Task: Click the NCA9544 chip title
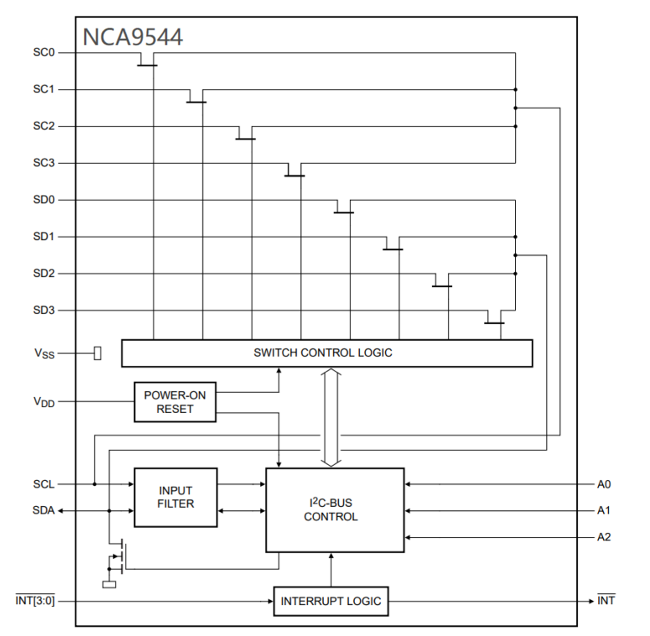click(x=133, y=37)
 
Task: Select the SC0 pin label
click(x=44, y=53)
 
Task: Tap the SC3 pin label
click(x=44, y=163)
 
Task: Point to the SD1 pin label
click(x=44, y=237)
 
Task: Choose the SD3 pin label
click(x=44, y=310)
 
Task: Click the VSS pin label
click(x=44, y=354)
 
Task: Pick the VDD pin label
click(x=44, y=402)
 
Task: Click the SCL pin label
click(x=44, y=484)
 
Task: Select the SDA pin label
click(x=44, y=510)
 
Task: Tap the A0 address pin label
click(x=604, y=484)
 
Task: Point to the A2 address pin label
click(x=604, y=537)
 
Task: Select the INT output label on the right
click(x=606, y=601)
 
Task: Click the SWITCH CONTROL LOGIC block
click(x=326, y=353)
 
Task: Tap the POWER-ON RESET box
click(x=174, y=402)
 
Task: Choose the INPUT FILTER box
click(x=175, y=497)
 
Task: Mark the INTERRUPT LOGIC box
click(x=330, y=601)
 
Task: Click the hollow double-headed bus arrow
click(x=330, y=416)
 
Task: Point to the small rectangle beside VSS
click(x=97, y=353)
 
